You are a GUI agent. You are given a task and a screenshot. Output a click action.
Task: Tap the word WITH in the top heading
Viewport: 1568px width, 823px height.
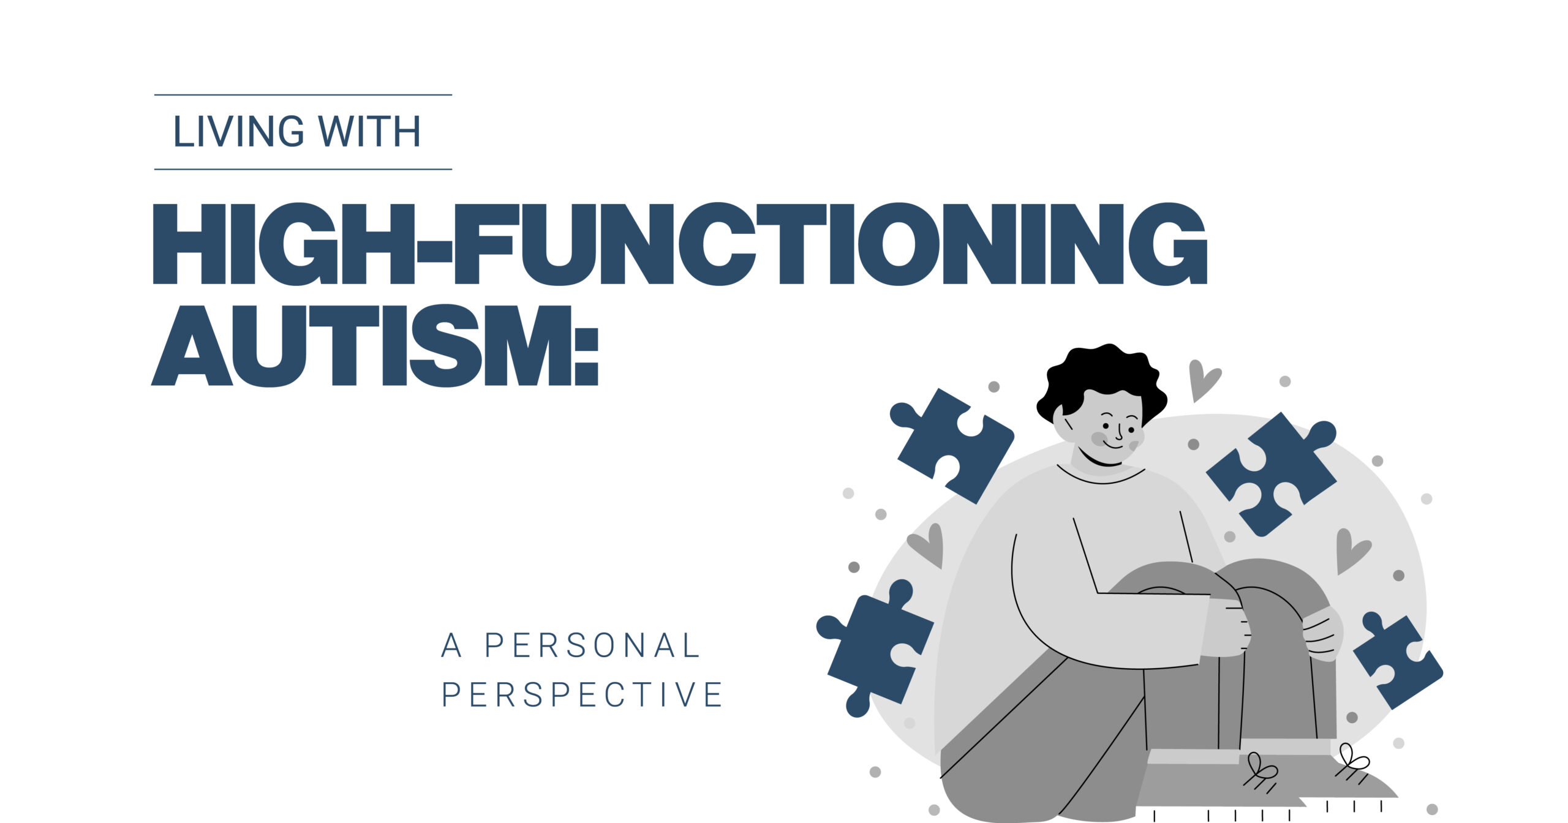(x=369, y=131)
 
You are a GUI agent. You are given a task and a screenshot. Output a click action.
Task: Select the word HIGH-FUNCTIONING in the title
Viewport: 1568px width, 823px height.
(x=679, y=244)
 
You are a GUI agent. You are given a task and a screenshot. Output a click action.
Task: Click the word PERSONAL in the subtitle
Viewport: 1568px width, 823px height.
(x=593, y=645)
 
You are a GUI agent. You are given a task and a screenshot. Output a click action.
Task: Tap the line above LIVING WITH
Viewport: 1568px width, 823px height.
(x=303, y=95)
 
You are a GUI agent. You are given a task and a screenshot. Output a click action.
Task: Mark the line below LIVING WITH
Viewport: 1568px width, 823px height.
(x=303, y=169)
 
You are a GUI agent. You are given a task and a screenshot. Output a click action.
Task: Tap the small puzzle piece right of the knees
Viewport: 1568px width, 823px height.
(x=1398, y=659)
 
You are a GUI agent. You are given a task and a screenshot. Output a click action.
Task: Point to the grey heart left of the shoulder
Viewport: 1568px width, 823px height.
(x=926, y=546)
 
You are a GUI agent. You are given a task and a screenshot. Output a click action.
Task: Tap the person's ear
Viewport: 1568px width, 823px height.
(x=1066, y=426)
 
